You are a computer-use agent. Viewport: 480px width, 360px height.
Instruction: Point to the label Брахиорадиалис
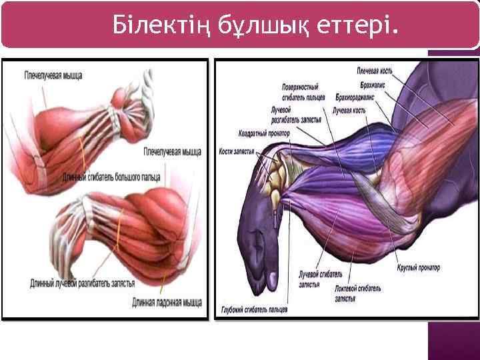click(x=355, y=97)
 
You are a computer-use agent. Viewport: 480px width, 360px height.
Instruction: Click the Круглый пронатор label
click(x=419, y=267)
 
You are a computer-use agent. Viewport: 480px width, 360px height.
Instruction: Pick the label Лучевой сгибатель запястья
click(x=320, y=279)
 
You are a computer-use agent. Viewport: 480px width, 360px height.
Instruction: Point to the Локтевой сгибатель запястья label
click(x=359, y=293)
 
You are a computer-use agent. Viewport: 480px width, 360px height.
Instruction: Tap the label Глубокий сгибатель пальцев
click(x=255, y=310)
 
